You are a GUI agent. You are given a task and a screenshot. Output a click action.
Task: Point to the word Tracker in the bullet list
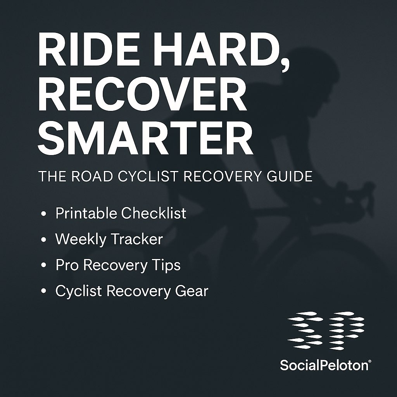coord(136,239)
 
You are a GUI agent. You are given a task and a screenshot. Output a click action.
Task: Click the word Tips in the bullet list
coord(166,265)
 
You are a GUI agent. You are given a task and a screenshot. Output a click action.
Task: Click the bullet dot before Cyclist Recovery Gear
coord(44,292)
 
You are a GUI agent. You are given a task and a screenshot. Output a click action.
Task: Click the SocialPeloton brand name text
coord(325,364)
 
